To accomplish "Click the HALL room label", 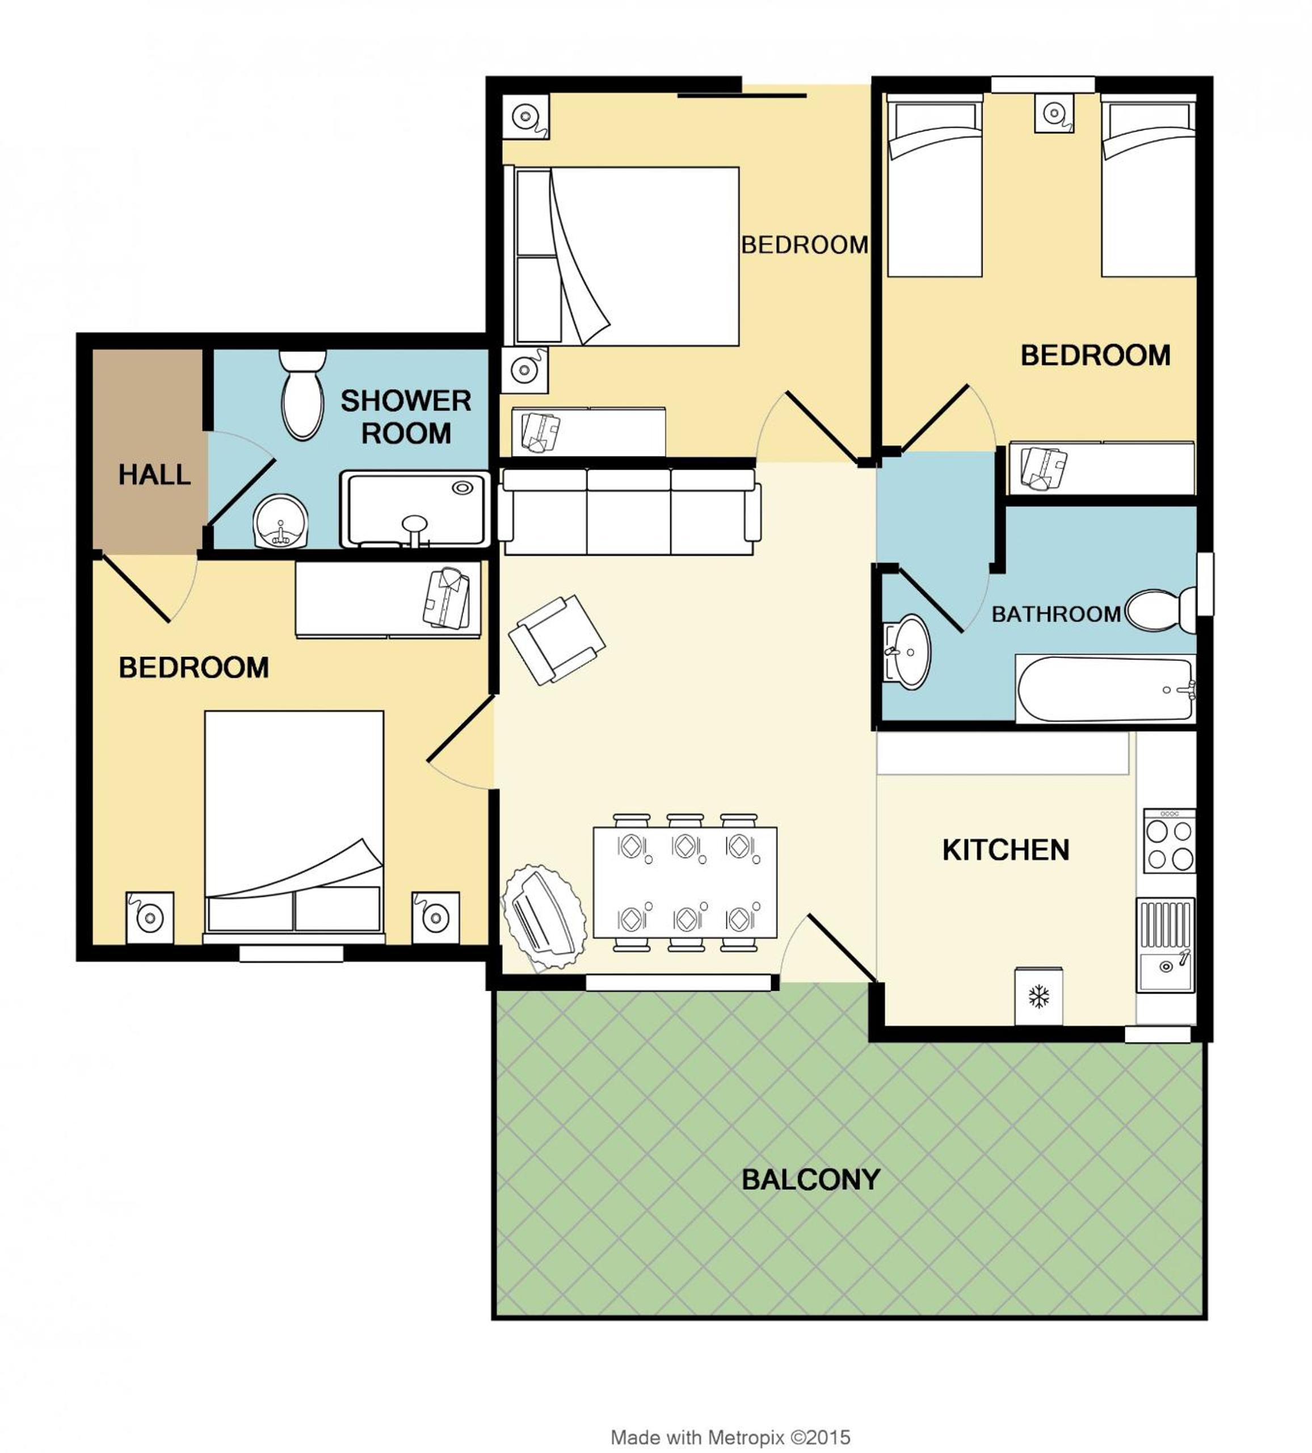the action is [x=154, y=474].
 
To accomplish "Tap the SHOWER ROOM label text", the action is [x=406, y=417].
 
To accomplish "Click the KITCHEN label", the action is [x=1006, y=851].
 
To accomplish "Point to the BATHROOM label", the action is [x=1056, y=614].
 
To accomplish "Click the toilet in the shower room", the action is [x=302, y=394].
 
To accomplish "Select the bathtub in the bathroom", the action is [x=1105, y=688].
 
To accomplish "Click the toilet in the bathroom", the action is [x=1160, y=610].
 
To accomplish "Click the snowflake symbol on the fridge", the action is [x=1038, y=998].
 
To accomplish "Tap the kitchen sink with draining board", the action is [x=1165, y=945].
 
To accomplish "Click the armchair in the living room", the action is [x=557, y=639].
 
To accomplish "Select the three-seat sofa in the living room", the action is [x=629, y=512].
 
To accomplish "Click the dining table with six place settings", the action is [x=685, y=882].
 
